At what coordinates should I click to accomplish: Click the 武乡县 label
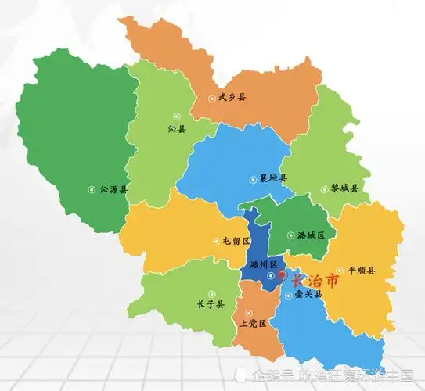tap(232, 98)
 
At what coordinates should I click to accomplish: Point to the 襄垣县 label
tap(272, 178)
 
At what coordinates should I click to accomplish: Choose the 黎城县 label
tap(344, 188)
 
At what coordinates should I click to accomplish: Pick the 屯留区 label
tap(235, 242)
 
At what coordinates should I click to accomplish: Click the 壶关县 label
tap(308, 296)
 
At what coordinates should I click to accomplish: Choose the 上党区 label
tap(254, 322)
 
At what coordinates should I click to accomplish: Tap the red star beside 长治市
tap(283, 277)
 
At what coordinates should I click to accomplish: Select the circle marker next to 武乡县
tap(212, 99)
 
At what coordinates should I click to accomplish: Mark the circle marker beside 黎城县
tap(324, 188)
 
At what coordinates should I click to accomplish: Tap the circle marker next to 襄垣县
tap(252, 178)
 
